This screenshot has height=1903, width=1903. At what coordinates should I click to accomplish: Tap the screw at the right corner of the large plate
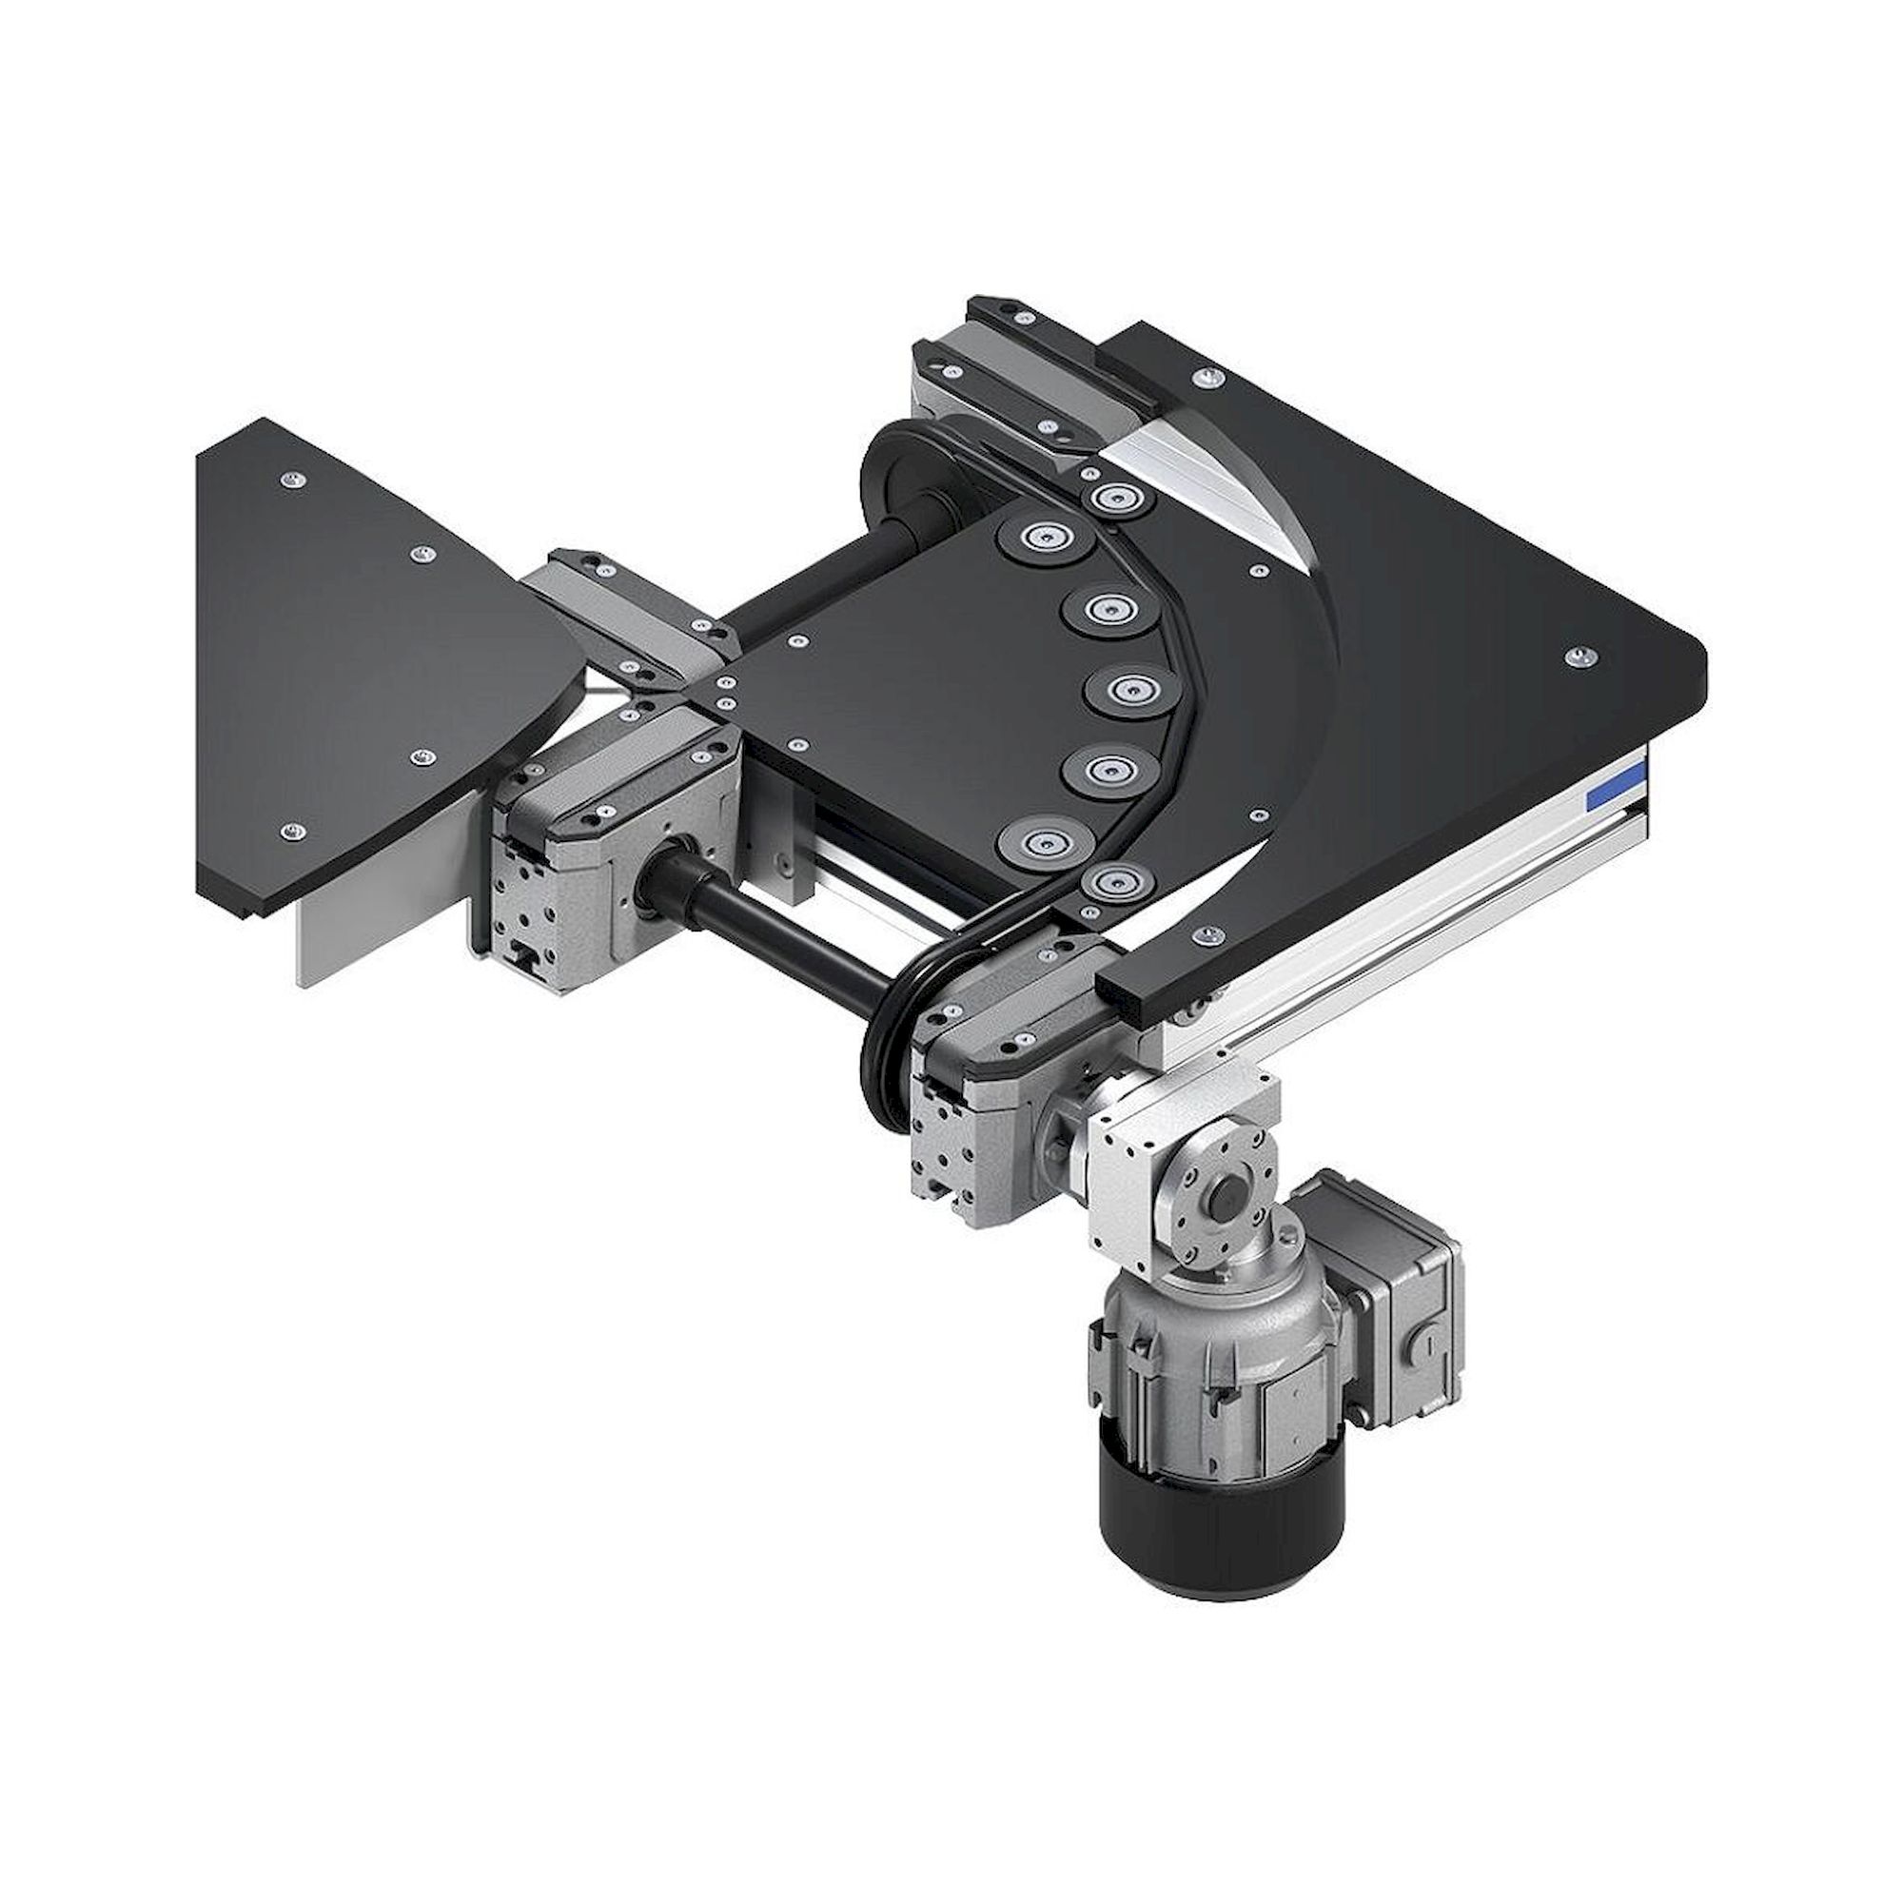coord(1582,656)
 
